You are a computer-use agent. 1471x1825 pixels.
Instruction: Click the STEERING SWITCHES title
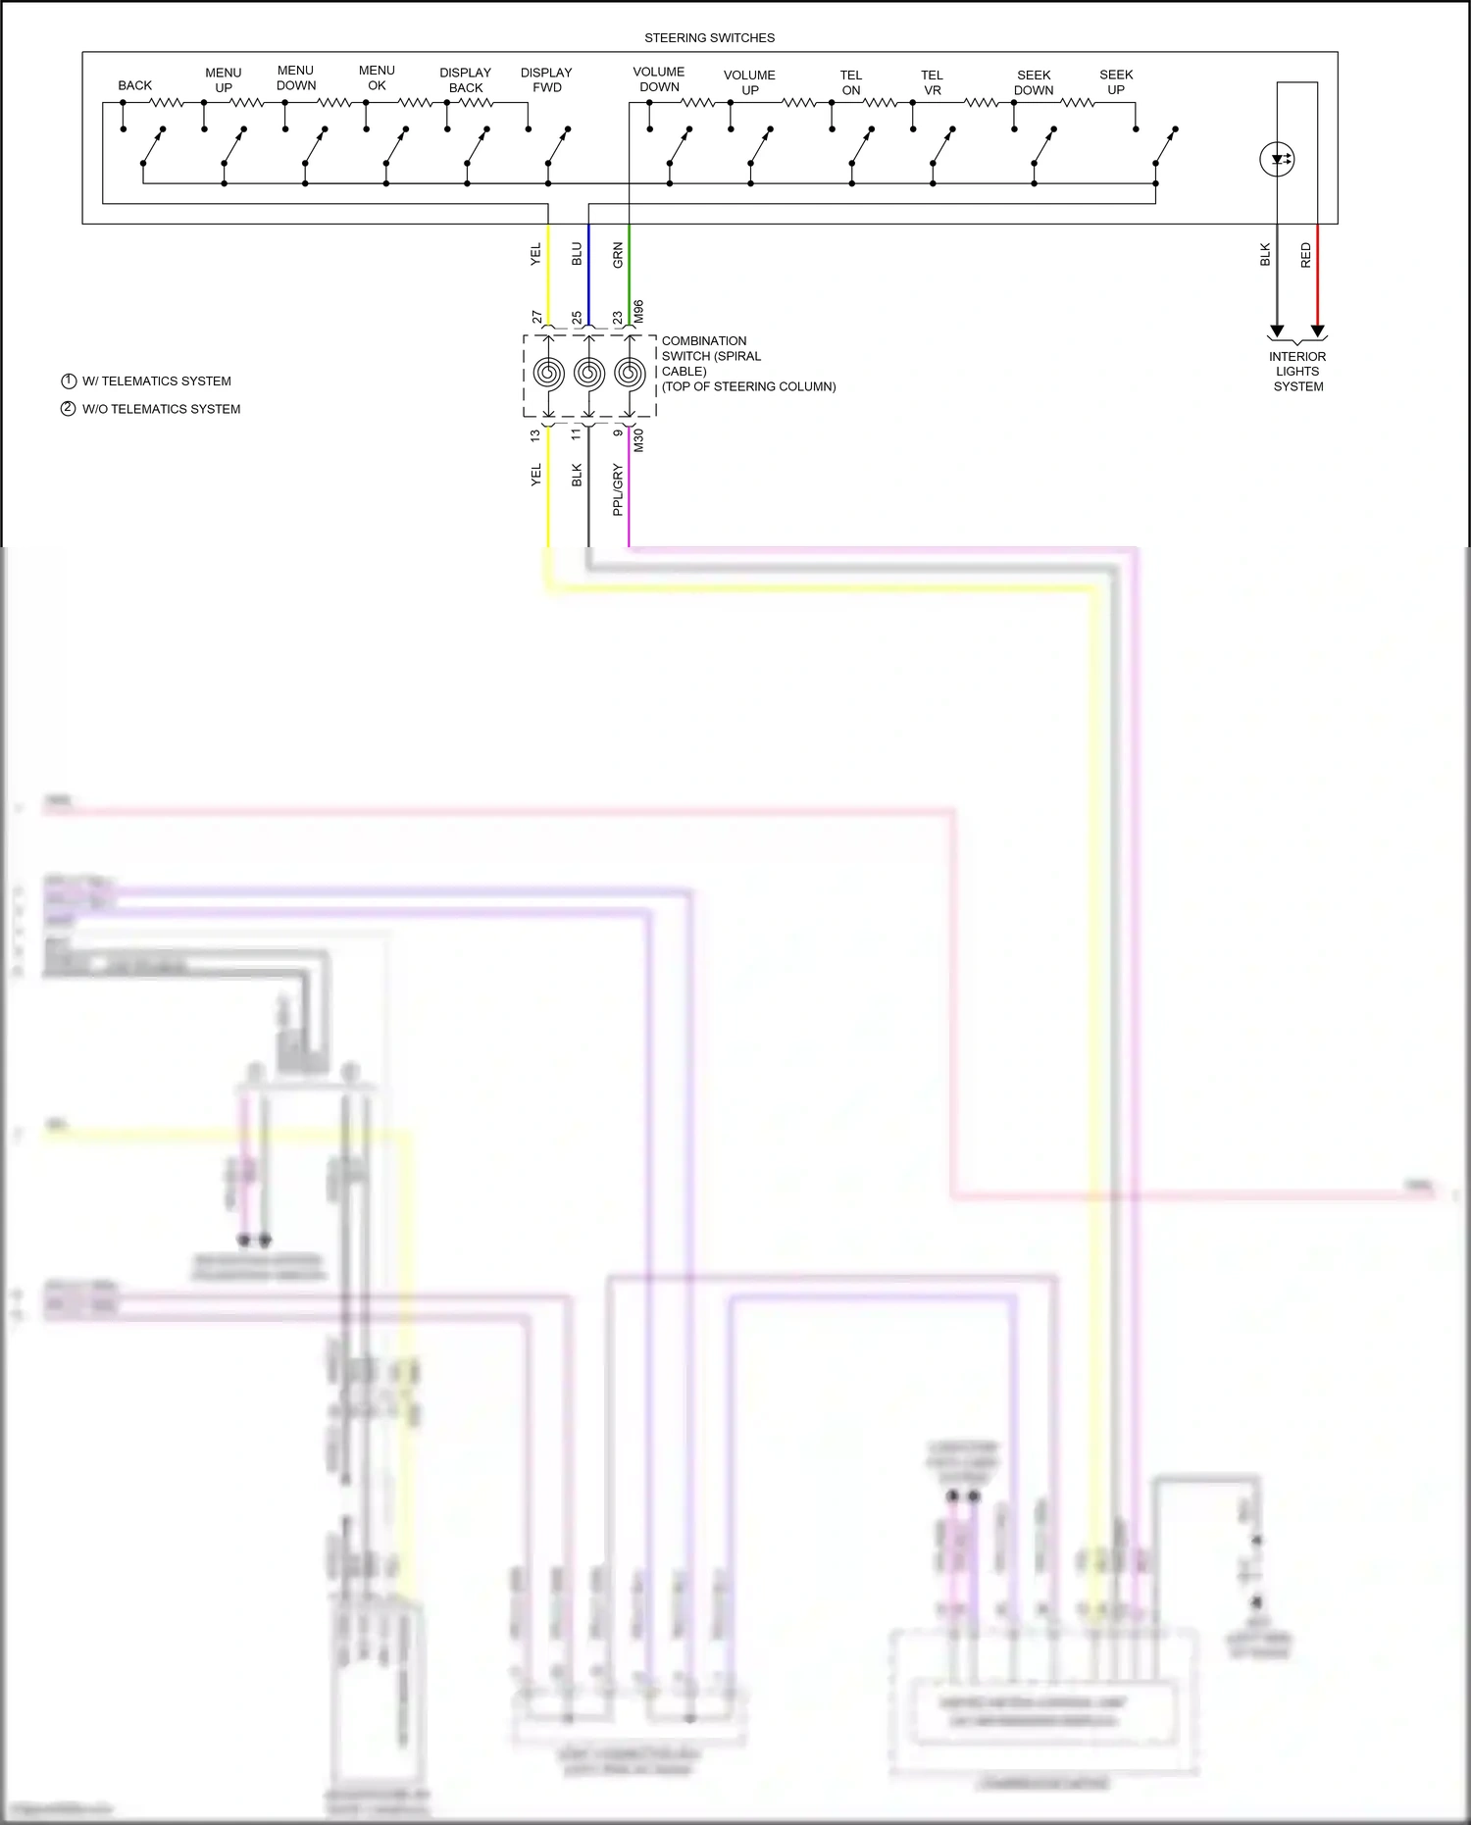click(x=709, y=38)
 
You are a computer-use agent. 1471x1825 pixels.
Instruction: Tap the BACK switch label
click(x=134, y=85)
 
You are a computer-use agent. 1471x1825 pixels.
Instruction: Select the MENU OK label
click(x=377, y=78)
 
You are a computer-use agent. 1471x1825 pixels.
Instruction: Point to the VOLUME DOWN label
click(x=659, y=79)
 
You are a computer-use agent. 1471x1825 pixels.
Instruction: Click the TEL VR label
click(x=932, y=82)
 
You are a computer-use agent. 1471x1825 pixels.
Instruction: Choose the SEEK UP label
click(x=1116, y=82)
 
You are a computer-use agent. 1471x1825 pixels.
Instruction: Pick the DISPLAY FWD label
click(x=546, y=80)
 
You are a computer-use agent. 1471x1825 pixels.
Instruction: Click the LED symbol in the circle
click(x=1277, y=159)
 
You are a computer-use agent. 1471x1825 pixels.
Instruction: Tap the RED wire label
click(x=1306, y=255)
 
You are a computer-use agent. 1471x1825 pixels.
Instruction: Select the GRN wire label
click(x=618, y=255)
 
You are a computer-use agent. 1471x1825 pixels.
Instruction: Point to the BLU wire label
click(x=577, y=255)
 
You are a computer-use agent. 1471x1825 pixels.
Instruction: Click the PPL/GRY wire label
click(x=618, y=489)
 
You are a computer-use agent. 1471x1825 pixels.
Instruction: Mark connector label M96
click(x=638, y=312)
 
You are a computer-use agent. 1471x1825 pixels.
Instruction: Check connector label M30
click(x=638, y=440)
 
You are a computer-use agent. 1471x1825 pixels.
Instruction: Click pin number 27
click(x=536, y=317)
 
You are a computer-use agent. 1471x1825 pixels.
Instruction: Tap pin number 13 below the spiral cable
click(x=535, y=434)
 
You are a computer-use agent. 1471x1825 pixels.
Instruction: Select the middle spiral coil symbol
click(x=588, y=373)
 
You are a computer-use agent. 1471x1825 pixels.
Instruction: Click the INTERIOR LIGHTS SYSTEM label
click(x=1297, y=372)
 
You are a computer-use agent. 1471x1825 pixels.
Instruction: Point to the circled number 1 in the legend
click(x=69, y=381)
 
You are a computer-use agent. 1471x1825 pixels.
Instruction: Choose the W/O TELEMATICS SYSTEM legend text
click(x=161, y=409)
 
